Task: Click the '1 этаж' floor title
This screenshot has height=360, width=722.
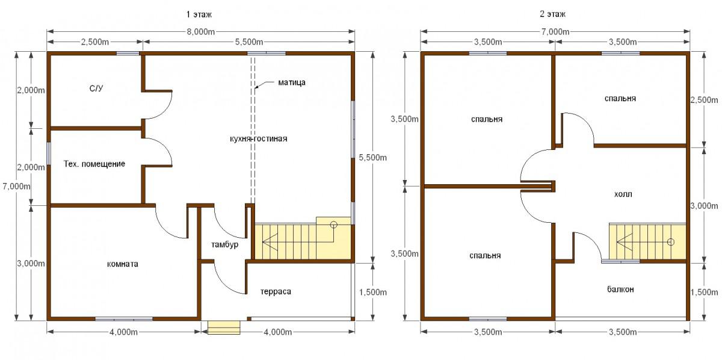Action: (x=199, y=14)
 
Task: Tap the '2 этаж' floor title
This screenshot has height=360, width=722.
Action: (x=552, y=14)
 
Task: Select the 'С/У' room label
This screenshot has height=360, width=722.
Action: (x=96, y=88)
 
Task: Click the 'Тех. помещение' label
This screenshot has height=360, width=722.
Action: (x=94, y=164)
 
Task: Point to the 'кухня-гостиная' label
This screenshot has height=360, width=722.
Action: (x=259, y=138)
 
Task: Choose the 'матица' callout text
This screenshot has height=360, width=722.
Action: (x=292, y=82)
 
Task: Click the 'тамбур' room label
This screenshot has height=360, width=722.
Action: (x=224, y=244)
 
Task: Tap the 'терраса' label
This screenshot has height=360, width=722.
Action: (x=276, y=291)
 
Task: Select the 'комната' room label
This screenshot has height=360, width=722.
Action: (x=123, y=264)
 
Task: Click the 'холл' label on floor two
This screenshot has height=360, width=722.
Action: (x=623, y=194)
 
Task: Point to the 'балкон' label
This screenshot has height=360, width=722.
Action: (x=620, y=290)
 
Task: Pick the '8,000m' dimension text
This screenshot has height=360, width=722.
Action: (x=200, y=32)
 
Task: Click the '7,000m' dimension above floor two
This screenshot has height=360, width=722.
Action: (x=555, y=32)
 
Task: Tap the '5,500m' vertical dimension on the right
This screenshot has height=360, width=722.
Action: (x=373, y=157)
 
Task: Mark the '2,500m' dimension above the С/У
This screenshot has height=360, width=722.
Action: (x=95, y=42)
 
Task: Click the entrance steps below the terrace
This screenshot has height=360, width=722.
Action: (x=224, y=327)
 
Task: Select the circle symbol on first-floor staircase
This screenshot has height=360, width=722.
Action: (x=333, y=225)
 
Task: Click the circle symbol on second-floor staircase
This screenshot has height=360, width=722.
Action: (x=671, y=242)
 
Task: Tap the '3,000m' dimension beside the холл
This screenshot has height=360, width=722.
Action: (x=704, y=205)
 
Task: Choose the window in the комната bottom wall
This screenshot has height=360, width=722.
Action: (x=124, y=319)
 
